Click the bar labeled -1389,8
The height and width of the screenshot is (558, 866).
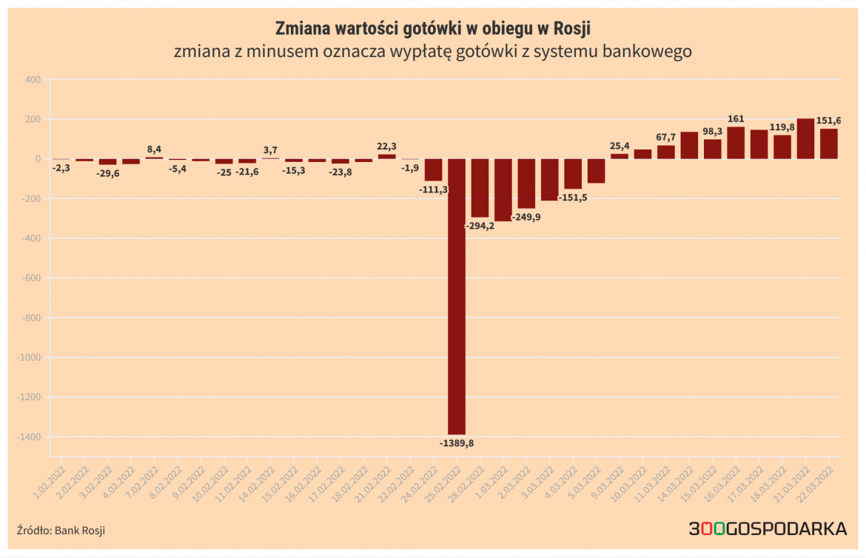(x=457, y=296)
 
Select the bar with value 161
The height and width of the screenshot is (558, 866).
(x=736, y=143)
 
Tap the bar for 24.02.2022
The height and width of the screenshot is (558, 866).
(x=433, y=169)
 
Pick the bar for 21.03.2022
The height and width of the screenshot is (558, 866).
(x=805, y=139)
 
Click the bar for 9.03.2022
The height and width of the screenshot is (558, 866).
(x=619, y=156)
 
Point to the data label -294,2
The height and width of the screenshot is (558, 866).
(x=480, y=226)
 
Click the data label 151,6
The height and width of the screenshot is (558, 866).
(x=828, y=121)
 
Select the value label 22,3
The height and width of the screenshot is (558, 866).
(x=386, y=147)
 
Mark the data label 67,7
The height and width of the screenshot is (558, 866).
(x=665, y=137)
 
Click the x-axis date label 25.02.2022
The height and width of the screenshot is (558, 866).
(x=446, y=480)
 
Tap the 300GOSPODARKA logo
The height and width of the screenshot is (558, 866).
(x=768, y=528)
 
